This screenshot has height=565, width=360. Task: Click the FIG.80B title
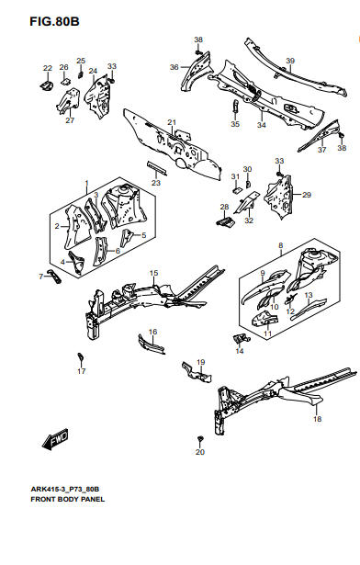pyautogui.click(x=54, y=22)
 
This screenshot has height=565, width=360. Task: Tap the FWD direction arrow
pyautogui.click(x=55, y=438)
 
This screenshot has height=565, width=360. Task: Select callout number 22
pyautogui.click(x=48, y=68)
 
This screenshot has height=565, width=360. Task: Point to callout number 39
pyautogui.click(x=290, y=61)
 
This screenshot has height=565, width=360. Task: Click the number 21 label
pyautogui.click(x=172, y=122)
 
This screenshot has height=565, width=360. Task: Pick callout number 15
pyautogui.click(x=154, y=273)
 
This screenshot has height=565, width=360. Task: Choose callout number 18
pyautogui.click(x=317, y=419)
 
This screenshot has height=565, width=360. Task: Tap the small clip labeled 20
pyautogui.click(x=200, y=439)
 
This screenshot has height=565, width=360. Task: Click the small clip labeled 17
pyautogui.click(x=81, y=356)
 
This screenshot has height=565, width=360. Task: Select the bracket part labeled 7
pyautogui.click(x=55, y=276)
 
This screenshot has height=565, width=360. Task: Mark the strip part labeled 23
pyautogui.click(x=157, y=168)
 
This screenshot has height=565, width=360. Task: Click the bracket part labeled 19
pyautogui.click(x=197, y=373)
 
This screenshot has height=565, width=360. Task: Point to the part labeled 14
pyautogui.click(x=242, y=338)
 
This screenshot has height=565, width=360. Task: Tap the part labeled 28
pyautogui.click(x=226, y=220)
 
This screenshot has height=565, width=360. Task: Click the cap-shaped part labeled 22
pyautogui.click(x=46, y=85)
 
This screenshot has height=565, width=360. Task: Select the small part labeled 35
pyautogui.click(x=235, y=106)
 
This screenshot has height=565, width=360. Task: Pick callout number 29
pyautogui.click(x=307, y=195)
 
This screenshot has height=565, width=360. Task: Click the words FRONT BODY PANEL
pyautogui.click(x=68, y=499)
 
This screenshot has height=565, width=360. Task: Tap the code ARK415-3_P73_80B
pyautogui.click(x=65, y=489)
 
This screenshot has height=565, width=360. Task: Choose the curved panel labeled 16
pyautogui.click(x=152, y=345)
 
